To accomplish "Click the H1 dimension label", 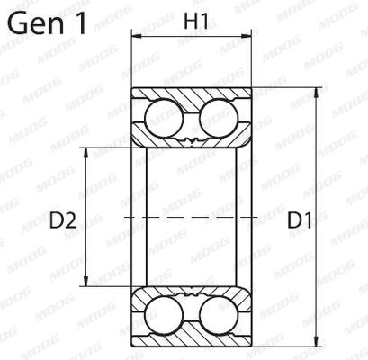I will point(193,19).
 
